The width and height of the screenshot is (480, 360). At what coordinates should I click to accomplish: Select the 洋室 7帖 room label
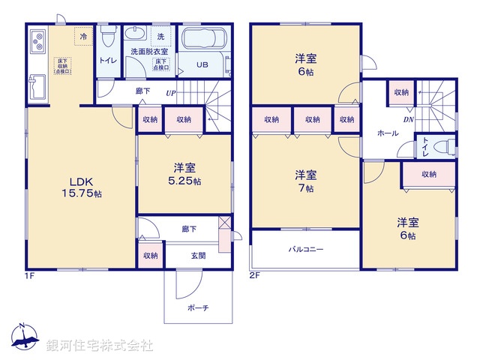(304, 181)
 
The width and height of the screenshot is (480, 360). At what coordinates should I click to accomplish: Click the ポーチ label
(199, 307)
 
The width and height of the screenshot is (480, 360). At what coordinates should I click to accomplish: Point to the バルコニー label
(306, 248)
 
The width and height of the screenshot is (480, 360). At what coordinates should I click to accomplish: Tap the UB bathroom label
(202, 64)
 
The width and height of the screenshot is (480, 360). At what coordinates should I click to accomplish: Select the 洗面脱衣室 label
(150, 51)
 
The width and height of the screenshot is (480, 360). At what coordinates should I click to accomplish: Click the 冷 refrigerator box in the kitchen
(82, 35)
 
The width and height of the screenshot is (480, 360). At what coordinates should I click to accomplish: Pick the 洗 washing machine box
(160, 36)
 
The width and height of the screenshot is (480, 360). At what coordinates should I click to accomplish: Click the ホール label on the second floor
(387, 132)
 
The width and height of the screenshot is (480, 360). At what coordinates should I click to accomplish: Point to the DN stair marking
(408, 119)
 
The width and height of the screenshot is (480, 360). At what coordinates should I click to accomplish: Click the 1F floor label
(29, 276)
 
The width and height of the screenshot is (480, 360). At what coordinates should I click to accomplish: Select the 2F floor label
(254, 276)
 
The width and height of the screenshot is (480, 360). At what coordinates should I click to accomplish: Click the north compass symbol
(25, 338)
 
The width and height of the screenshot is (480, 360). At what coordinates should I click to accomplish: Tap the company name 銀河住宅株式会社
(100, 346)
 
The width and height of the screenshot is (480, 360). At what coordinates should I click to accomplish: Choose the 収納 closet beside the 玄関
(149, 256)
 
